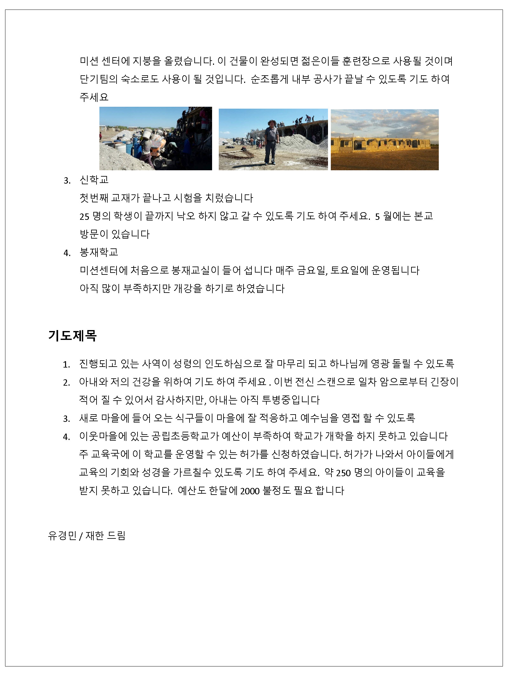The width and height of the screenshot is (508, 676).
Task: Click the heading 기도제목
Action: click(x=72, y=335)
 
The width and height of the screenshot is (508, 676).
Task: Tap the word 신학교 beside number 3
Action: click(x=94, y=180)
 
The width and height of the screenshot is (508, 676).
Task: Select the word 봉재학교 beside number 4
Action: click(x=99, y=252)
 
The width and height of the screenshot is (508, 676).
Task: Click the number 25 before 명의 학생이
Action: click(x=84, y=217)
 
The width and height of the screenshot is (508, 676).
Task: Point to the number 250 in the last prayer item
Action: click(x=343, y=473)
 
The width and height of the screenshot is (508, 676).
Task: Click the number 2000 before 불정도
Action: click(x=250, y=491)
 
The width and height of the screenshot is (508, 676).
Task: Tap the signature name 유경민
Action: click(x=62, y=536)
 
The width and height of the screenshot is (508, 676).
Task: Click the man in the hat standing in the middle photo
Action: click(x=272, y=141)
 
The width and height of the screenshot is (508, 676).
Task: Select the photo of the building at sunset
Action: click(x=384, y=140)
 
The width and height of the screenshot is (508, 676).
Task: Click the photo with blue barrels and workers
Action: click(x=156, y=139)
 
